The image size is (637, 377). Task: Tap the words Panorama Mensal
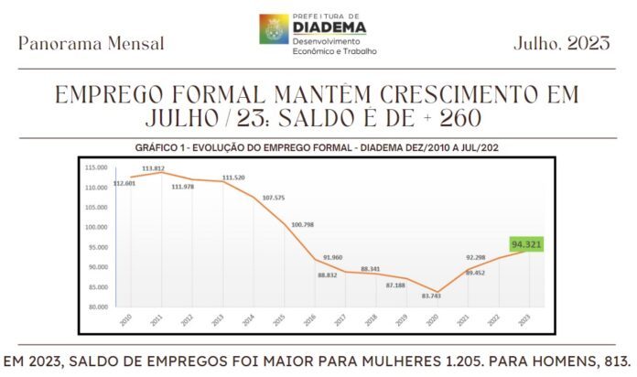92,43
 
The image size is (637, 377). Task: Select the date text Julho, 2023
561,42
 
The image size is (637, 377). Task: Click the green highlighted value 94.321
525,244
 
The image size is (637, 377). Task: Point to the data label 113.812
153,169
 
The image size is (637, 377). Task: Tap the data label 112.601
124,184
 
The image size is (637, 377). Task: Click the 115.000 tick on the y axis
96,167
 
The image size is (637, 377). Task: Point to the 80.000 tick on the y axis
96,307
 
